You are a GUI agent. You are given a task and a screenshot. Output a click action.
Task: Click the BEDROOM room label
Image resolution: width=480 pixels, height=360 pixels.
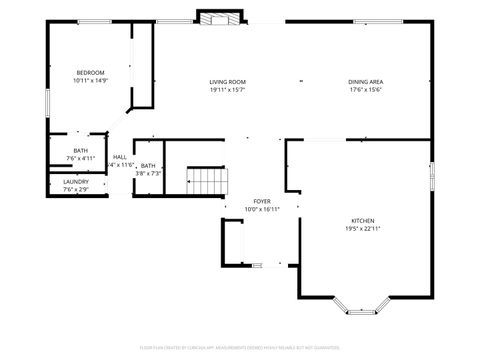click(90, 73)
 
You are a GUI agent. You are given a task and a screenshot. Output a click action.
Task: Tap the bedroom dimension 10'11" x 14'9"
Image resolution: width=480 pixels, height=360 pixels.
click(90, 81)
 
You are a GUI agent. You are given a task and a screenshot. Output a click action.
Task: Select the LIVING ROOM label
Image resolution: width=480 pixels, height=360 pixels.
click(227, 82)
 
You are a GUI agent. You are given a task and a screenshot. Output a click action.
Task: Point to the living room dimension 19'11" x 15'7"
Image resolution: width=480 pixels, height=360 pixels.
click(227, 90)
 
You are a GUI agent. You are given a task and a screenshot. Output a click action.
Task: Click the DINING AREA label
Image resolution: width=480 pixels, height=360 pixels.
click(366, 82)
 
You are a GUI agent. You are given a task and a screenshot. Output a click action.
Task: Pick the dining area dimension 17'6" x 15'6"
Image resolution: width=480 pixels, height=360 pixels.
click(366, 90)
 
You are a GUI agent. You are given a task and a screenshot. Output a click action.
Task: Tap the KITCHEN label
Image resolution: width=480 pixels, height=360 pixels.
click(362, 220)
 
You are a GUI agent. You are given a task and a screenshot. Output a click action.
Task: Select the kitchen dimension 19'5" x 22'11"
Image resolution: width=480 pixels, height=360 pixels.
click(362, 228)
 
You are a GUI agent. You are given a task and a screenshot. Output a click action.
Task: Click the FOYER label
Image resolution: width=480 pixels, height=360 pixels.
click(261, 201)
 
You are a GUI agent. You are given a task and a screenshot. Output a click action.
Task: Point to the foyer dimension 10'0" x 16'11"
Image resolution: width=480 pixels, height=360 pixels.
click(261, 209)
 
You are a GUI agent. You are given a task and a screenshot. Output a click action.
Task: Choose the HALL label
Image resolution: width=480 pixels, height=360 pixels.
click(120, 157)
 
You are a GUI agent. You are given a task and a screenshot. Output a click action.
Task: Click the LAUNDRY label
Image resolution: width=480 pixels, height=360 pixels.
click(76, 181)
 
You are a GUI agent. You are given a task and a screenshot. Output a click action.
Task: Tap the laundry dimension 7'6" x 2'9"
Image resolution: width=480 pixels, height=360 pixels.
click(76, 189)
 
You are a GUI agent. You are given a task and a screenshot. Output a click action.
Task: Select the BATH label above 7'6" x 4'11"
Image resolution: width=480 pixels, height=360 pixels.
click(80, 150)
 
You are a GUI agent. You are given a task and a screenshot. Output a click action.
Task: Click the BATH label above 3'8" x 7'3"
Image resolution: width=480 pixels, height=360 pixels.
click(148, 166)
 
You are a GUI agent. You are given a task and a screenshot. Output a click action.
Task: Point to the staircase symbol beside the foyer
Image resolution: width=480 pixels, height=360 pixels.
click(209, 182)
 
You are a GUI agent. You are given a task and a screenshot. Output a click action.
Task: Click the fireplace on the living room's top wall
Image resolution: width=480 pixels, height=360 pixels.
click(219, 17)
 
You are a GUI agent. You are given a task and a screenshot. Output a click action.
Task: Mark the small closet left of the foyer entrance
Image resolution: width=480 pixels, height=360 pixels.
click(235, 242)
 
